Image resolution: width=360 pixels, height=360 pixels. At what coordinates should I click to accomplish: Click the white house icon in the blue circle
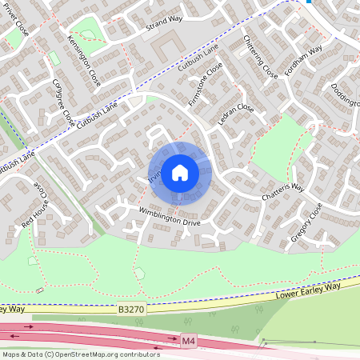click(x=180, y=172)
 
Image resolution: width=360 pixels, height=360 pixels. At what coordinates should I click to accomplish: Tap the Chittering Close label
click(x=260, y=62)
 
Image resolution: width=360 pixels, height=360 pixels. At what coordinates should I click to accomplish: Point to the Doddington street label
click(x=343, y=100)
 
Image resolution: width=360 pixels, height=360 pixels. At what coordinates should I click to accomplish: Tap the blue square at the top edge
click(x=310, y=2)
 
